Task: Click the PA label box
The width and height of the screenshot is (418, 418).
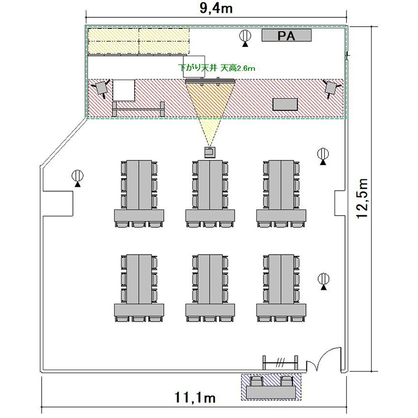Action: [x=286, y=35]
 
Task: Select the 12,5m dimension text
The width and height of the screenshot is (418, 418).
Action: [x=363, y=198]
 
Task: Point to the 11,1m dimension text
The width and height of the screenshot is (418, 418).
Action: [x=195, y=397]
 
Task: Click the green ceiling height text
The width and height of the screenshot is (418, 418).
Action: [x=217, y=68]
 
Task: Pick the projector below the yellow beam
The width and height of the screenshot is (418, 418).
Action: [x=210, y=152]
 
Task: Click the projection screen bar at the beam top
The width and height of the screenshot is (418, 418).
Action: [x=210, y=81]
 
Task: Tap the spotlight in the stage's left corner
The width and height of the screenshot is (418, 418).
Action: [x=101, y=88]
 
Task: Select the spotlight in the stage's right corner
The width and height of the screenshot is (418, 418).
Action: [x=331, y=88]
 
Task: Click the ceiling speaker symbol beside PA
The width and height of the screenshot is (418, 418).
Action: [x=245, y=38]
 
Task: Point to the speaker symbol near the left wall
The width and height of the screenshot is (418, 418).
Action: [x=77, y=178]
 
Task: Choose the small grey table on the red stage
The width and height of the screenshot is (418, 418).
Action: [x=285, y=104]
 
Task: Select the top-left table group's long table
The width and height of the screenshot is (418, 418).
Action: [x=139, y=184]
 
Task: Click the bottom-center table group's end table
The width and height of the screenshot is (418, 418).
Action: [x=210, y=310]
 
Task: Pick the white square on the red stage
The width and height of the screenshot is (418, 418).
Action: [x=124, y=90]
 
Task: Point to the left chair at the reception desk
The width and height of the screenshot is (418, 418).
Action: [x=256, y=381]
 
